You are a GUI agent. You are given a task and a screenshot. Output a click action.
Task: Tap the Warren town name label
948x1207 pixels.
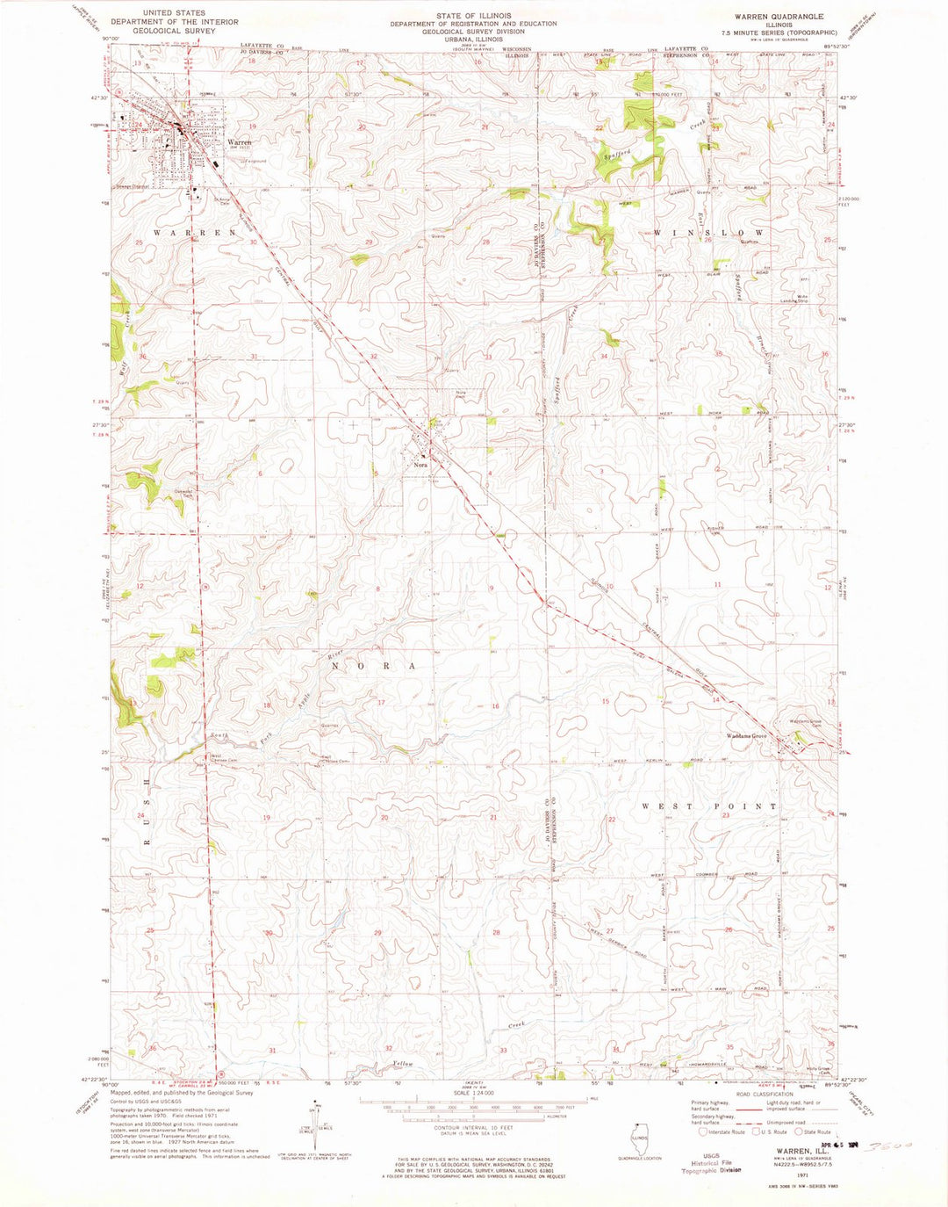239,141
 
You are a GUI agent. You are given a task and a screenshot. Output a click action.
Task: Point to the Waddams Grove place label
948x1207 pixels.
744,735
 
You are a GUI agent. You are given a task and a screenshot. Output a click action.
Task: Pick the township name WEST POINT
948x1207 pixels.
708,806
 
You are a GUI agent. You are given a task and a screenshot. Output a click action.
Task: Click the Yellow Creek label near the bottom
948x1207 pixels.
402,1064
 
